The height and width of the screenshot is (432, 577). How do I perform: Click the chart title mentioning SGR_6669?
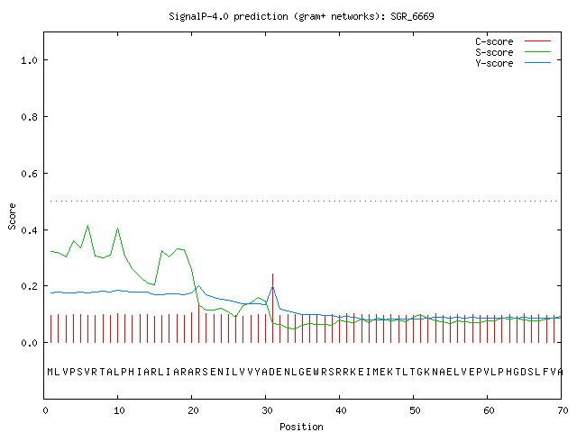click(x=301, y=16)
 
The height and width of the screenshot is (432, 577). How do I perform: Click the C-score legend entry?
click(x=513, y=41)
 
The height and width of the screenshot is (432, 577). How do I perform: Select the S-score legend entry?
click(x=513, y=52)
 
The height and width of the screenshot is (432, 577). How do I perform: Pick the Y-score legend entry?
click(x=513, y=63)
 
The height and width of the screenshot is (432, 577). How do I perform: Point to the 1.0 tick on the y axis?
click(x=30, y=60)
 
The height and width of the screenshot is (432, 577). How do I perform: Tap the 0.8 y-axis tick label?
click(x=30, y=117)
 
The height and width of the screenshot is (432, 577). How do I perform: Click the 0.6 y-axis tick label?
click(x=30, y=174)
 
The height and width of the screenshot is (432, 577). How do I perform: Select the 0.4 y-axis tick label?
click(x=30, y=230)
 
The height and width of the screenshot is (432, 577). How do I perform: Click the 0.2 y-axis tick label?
click(x=30, y=286)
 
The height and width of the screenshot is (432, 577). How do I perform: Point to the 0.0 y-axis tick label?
click(x=30, y=343)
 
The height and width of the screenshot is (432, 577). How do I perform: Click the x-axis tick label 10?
click(x=119, y=410)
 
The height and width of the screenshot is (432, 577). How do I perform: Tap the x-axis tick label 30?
click(x=267, y=410)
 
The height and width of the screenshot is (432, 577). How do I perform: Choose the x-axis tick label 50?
click(x=415, y=410)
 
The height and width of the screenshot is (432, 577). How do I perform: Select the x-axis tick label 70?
click(x=563, y=410)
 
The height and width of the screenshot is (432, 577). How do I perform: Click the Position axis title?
click(x=301, y=427)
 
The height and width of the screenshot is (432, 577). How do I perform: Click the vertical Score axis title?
click(x=12, y=216)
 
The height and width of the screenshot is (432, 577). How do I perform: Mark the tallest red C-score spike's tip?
click(x=272, y=274)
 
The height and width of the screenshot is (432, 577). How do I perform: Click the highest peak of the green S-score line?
click(x=87, y=226)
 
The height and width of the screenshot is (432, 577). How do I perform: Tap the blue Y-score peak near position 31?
click(x=272, y=286)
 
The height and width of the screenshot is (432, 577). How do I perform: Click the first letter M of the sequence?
click(x=50, y=372)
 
